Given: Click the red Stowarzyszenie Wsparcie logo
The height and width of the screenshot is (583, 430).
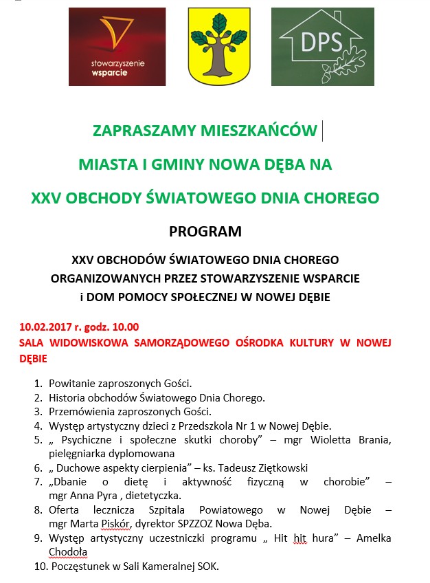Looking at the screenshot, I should click(x=117, y=46).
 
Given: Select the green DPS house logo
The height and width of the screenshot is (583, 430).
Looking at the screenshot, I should click(x=322, y=46).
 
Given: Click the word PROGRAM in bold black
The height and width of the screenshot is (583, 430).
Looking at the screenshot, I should click(x=205, y=232).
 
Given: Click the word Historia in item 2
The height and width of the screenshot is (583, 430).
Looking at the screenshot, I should click(x=68, y=397).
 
